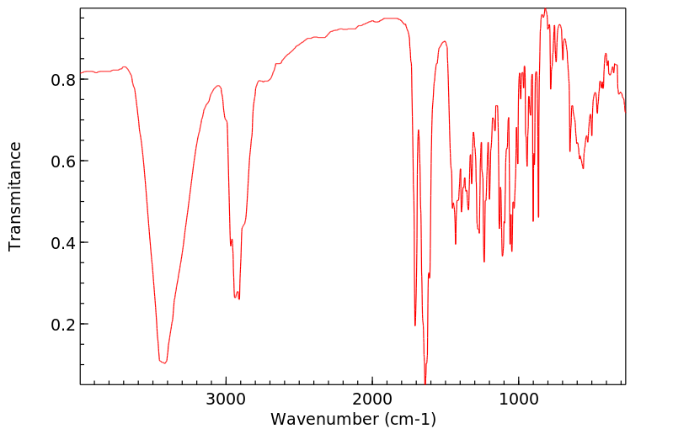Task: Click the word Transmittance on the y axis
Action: [x=15, y=196]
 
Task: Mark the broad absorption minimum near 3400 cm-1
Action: [x=163, y=363]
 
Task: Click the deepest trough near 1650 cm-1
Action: [x=425, y=381]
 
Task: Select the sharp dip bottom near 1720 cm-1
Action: [x=415, y=325]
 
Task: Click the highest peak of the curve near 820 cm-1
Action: [x=545, y=9]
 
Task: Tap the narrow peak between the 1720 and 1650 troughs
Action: [x=419, y=130]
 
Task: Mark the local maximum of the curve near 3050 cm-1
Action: [x=218, y=86]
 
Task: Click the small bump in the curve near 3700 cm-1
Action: [x=125, y=66]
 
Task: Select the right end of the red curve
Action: [x=625, y=112]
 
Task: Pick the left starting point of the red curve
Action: [x=81, y=73]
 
